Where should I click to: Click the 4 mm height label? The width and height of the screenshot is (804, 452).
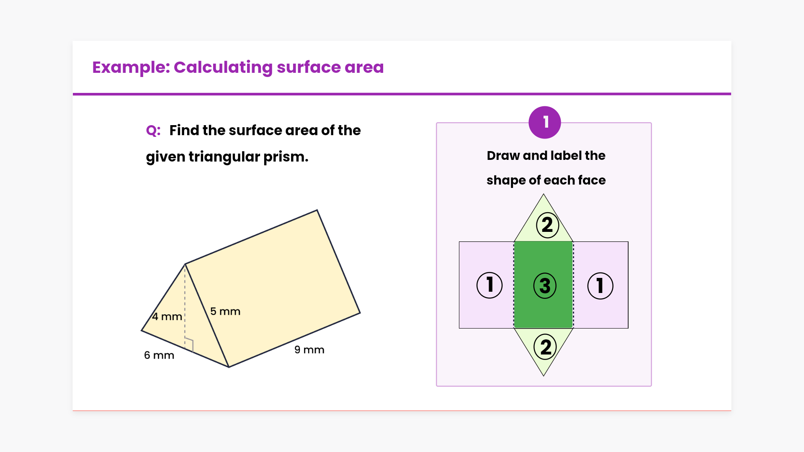pos(167,316)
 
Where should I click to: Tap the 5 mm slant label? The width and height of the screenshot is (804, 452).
pos(225,311)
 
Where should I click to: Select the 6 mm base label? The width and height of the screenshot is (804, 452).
pos(159,355)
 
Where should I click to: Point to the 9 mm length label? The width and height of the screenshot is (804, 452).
pos(309,350)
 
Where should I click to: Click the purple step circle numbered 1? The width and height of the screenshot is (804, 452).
pos(545,122)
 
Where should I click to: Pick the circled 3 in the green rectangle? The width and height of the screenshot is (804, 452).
pos(545,286)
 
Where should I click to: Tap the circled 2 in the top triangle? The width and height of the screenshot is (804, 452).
pos(547,225)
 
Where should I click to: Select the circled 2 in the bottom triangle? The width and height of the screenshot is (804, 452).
pos(546,347)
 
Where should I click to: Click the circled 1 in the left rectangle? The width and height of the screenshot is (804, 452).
pos(490,285)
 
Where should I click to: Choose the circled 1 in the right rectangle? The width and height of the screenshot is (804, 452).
pos(600,286)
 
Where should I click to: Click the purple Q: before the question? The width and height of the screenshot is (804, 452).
pos(153,131)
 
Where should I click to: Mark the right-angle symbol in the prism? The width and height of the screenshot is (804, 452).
pos(189,344)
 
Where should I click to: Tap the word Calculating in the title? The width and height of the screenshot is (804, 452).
pos(223,67)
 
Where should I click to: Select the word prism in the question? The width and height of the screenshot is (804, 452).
pos(286,157)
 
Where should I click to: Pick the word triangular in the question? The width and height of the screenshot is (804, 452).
pos(224,157)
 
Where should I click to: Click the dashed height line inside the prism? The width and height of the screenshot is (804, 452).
pos(185,306)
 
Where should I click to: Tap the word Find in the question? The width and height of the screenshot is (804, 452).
pos(184,131)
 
